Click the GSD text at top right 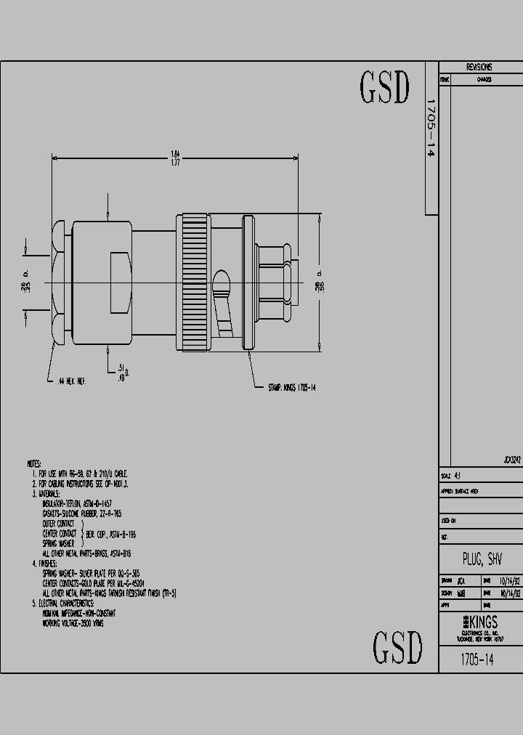(385, 88)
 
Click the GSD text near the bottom (397, 647)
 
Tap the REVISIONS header (479, 68)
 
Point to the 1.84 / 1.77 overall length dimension (174, 158)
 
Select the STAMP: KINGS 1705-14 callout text (287, 388)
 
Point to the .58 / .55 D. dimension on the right (318, 283)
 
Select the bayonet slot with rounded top (222, 285)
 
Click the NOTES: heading (35, 463)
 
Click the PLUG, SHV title (482, 559)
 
